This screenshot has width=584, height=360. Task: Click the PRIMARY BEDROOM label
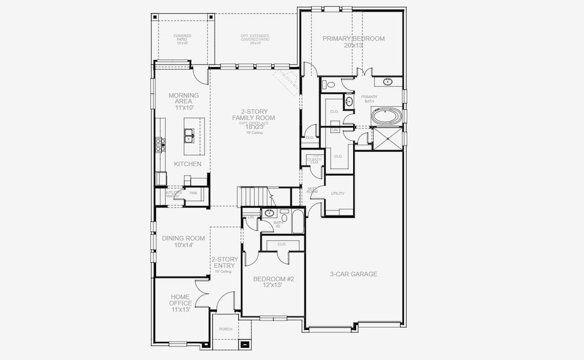coord(354,38)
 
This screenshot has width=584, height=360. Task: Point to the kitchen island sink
coord(189,136)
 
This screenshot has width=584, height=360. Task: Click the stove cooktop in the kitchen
coord(160,143)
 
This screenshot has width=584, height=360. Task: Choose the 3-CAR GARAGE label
coord(354,274)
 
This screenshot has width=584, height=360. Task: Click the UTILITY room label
coord(338,194)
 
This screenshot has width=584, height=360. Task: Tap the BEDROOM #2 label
coord(272,279)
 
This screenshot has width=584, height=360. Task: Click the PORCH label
coord(225,329)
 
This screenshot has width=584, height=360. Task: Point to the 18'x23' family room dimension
coord(254,127)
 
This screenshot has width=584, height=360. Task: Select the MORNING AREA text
coord(183,98)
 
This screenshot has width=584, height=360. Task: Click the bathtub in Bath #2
coord(298,221)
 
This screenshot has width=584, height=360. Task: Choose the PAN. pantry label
coord(193,193)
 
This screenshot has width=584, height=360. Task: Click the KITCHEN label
coord(188,164)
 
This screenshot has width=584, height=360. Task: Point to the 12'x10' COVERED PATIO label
coord(182,40)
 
